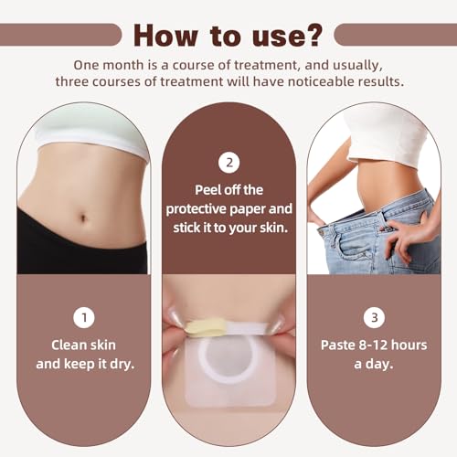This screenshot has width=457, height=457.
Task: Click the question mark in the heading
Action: click(313, 35)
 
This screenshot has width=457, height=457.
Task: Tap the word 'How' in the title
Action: click(165, 35)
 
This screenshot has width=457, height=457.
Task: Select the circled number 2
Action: click(228, 163)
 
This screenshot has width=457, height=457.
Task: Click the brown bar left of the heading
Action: click(59, 35)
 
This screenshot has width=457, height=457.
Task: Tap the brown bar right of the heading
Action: click(395, 35)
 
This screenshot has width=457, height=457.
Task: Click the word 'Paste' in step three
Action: click(339, 347)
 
